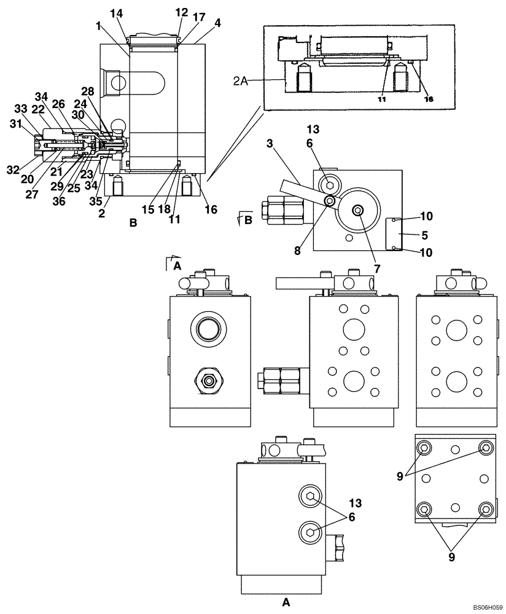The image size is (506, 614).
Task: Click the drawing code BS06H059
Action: (x=482, y=605)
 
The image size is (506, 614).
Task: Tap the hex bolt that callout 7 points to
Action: (x=357, y=211)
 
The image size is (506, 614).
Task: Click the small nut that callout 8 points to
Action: (x=330, y=201)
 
